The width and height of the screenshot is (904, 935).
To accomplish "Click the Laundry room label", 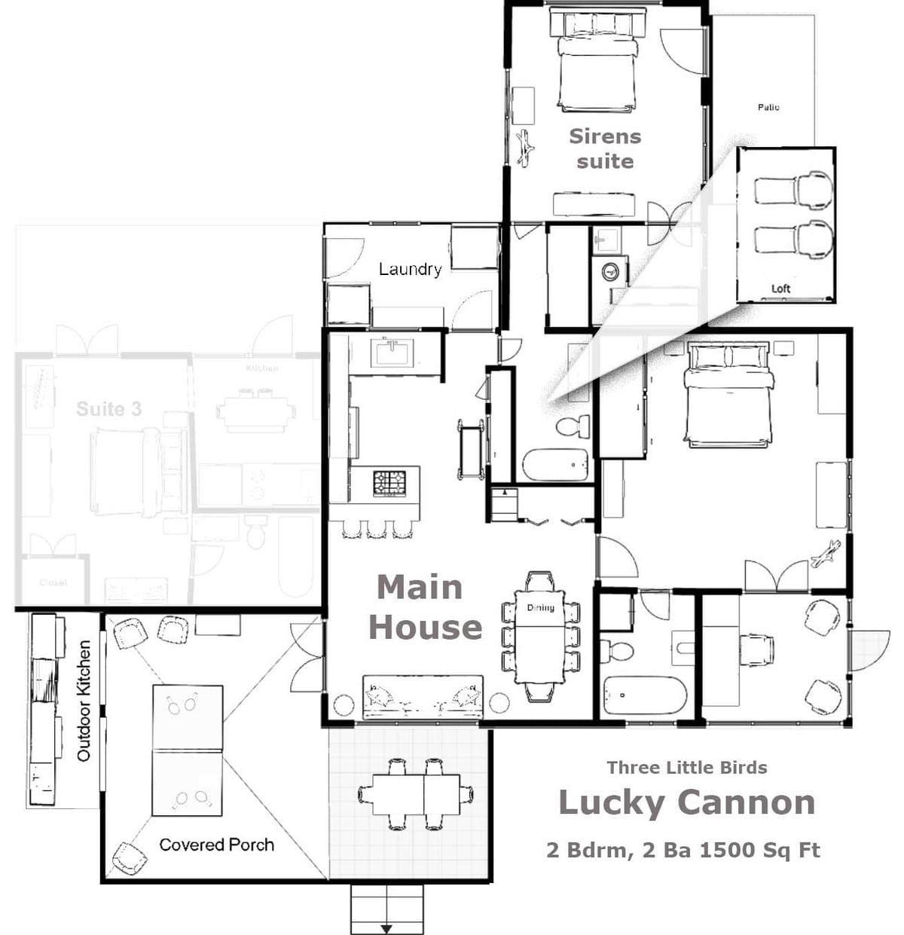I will [410, 269].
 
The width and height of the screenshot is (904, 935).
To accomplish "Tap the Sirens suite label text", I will [605, 148].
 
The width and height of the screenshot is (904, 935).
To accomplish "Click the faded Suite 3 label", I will [108, 409].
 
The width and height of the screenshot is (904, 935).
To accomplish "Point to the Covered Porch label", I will [217, 845].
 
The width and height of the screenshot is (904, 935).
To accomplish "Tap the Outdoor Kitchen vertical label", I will [84, 701].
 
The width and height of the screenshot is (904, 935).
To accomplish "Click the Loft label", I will [780, 289].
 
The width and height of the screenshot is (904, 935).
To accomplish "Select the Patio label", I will [768, 108].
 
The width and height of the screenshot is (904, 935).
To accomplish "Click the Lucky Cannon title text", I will [686, 802].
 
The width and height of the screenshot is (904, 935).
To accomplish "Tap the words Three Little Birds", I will [686, 768].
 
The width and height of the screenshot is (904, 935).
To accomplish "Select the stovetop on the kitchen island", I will [389, 482].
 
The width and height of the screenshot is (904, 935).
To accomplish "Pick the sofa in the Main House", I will [423, 697].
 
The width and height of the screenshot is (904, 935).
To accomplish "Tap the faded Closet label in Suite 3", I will [53, 582].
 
